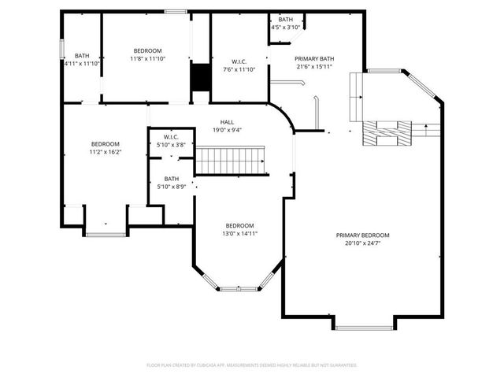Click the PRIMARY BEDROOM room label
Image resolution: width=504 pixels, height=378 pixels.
[x=362, y=235]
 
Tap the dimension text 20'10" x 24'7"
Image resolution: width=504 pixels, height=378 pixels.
[x=362, y=243]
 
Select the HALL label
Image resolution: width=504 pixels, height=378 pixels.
[x=227, y=122]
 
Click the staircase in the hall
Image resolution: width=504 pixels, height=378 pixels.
[x=232, y=161]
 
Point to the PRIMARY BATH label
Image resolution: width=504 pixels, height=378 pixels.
[x=314, y=59]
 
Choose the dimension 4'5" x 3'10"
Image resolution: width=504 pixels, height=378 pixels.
[x=286, y=28]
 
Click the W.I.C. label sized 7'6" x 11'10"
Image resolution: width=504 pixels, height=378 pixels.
[x=239, y=61]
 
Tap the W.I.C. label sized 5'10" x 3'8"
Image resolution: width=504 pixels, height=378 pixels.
[x=171, y=137]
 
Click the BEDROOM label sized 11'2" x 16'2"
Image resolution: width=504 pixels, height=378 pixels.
[x=105, y=144]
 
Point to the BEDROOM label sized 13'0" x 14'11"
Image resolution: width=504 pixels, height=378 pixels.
[x=240, y=225]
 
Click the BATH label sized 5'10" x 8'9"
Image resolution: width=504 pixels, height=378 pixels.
[x=171, y=179]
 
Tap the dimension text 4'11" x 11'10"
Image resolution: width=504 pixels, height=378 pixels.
[x=82, y=64]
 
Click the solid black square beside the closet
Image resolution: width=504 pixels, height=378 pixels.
[x=201, y=78]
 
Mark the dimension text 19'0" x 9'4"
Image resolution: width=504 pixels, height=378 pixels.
[x=227, y=130]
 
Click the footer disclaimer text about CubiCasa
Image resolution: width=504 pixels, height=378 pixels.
[x=252, y=365]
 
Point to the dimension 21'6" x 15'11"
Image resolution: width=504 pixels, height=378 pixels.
[x=314, y=67]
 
